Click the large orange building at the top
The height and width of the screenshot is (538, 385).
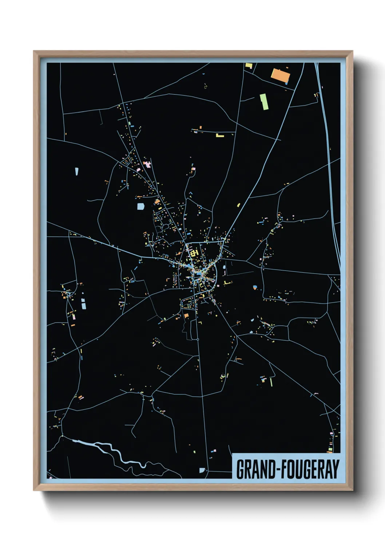[280, 75]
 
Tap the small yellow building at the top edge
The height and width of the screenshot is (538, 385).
[249, 66]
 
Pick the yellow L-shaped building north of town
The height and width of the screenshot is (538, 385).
[219, 136]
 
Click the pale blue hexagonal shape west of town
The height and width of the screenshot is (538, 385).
[140, 206]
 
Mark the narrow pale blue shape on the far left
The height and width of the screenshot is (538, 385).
[77, 171]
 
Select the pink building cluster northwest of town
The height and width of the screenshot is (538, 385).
[147, 164]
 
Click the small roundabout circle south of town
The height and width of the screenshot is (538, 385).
[198, 339]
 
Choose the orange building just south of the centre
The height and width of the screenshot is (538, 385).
[186, 316]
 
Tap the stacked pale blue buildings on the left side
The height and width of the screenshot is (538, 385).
[84, 303]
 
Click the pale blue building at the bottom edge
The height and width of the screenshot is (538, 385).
[202, 470]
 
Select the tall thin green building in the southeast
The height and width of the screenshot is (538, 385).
[271, 382]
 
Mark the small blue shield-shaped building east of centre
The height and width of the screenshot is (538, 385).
[255, 287]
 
